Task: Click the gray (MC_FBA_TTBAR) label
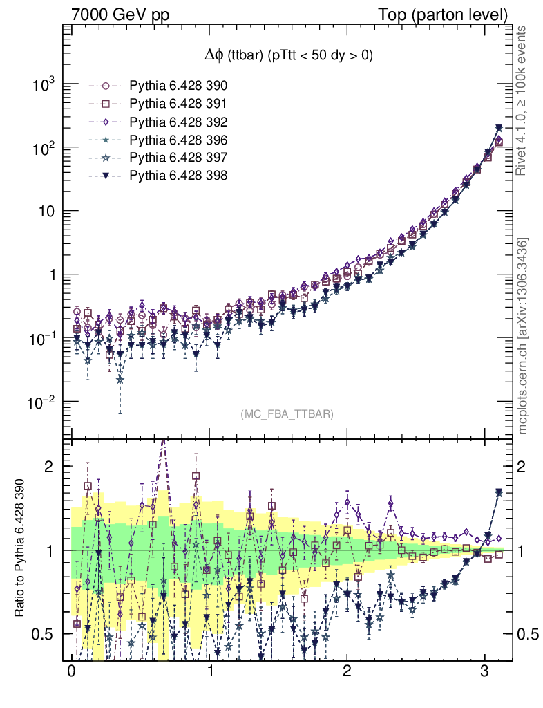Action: point(287,413)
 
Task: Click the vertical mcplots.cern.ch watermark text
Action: point(524,337)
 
